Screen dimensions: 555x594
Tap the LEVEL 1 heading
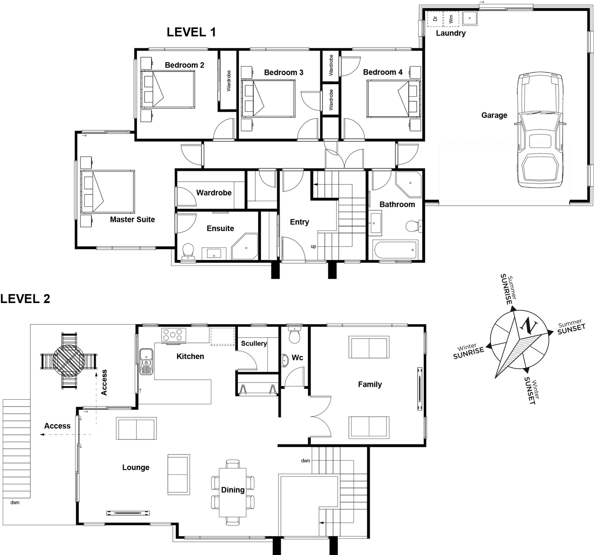pyautogui.click(x=191, y=32)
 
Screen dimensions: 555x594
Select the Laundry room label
pyautogui.click(x=451, y=33)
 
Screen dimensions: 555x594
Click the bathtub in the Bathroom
pyautogui.click(x=395, y=250)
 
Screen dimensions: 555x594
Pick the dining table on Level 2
pyautogui.click(x=233, y=492)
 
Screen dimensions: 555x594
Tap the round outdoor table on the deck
pyautogui.click(x=68, y=361)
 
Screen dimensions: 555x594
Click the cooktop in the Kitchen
pyautogui.click(x=174, y=335)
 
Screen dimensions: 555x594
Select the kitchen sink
pyautogui.click(x=146, y=361)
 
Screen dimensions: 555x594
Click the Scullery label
pyautogui.click(x=254, y=343)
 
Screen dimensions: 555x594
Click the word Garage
pyautogui.click(x=494, y=115)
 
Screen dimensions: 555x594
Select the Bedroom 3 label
pyautogui.click(x=283, y=72)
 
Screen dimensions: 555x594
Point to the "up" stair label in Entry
pyautogui.click(x=313, y=247)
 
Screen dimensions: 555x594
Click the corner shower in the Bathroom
pyautogui.click(x=408, y=184)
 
